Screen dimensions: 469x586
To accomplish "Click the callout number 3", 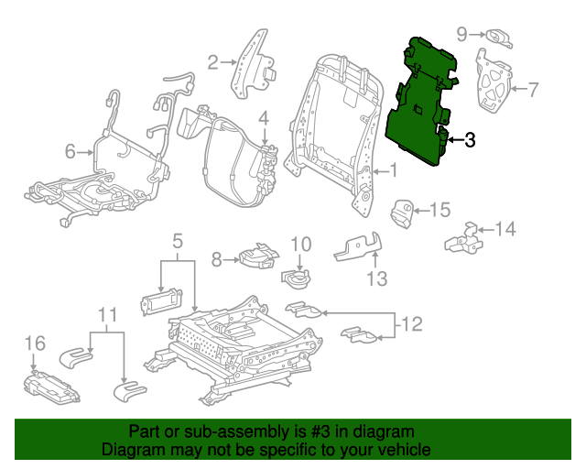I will tap(470, 140).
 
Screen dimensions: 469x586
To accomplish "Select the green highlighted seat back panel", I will tap(418, 105).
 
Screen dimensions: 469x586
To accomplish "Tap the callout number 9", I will tap(463, 34).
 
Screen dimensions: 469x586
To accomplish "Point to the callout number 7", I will tap(534, 89).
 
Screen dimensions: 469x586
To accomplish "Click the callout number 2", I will tap(213, 62).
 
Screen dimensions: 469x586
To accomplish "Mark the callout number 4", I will tap(263, 117).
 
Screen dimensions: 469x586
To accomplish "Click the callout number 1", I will tap(393, 169).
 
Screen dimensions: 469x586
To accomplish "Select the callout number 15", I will tap(440, 211).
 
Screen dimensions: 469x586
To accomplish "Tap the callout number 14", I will tap(505, 228).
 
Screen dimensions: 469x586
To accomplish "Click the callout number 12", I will tap(413, 323).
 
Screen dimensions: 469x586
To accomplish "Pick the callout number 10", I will tap(301, 245).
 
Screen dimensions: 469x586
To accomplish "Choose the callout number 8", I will tap(216, 260).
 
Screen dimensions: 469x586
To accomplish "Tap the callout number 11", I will tap(108, 317).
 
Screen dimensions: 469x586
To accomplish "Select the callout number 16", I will tap(34, 344).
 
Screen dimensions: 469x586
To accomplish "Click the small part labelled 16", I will tap(52, 387).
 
